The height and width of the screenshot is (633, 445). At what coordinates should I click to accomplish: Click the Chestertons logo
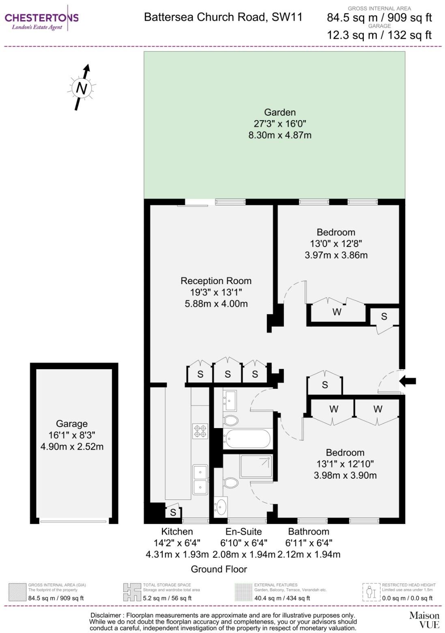point(41,18)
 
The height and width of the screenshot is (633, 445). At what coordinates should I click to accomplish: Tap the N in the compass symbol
point(82,88)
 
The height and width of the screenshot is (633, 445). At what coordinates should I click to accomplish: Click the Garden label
point(279,112)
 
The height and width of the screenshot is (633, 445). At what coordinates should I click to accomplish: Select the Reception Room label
point(216,281)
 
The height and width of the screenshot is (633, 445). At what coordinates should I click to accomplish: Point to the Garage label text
point(72,424)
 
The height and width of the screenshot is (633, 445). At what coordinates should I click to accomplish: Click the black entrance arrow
point(408,381)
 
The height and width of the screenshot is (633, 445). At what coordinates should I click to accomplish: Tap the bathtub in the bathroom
point(247,439)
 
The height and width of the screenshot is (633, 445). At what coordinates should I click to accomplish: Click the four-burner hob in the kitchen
point(200,431)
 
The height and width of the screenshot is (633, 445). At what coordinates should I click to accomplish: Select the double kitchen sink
point(200,479)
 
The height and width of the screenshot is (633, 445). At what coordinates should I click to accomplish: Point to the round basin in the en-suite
point(221,506)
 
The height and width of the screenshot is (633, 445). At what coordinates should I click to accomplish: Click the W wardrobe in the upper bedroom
point(337,312)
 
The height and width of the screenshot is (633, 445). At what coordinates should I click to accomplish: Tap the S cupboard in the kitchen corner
point(173,512)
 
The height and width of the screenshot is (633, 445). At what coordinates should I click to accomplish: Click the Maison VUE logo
point(424,620)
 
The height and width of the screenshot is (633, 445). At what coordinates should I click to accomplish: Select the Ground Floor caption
point(219,569)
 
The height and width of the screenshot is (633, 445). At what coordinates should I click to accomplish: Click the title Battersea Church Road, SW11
point(223,17)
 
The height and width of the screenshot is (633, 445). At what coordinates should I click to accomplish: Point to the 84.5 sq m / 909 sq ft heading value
point(379,17)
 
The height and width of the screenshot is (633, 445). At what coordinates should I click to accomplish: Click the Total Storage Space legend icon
point(132,592)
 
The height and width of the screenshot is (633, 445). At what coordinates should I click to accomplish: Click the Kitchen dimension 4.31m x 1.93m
point(177,554)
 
